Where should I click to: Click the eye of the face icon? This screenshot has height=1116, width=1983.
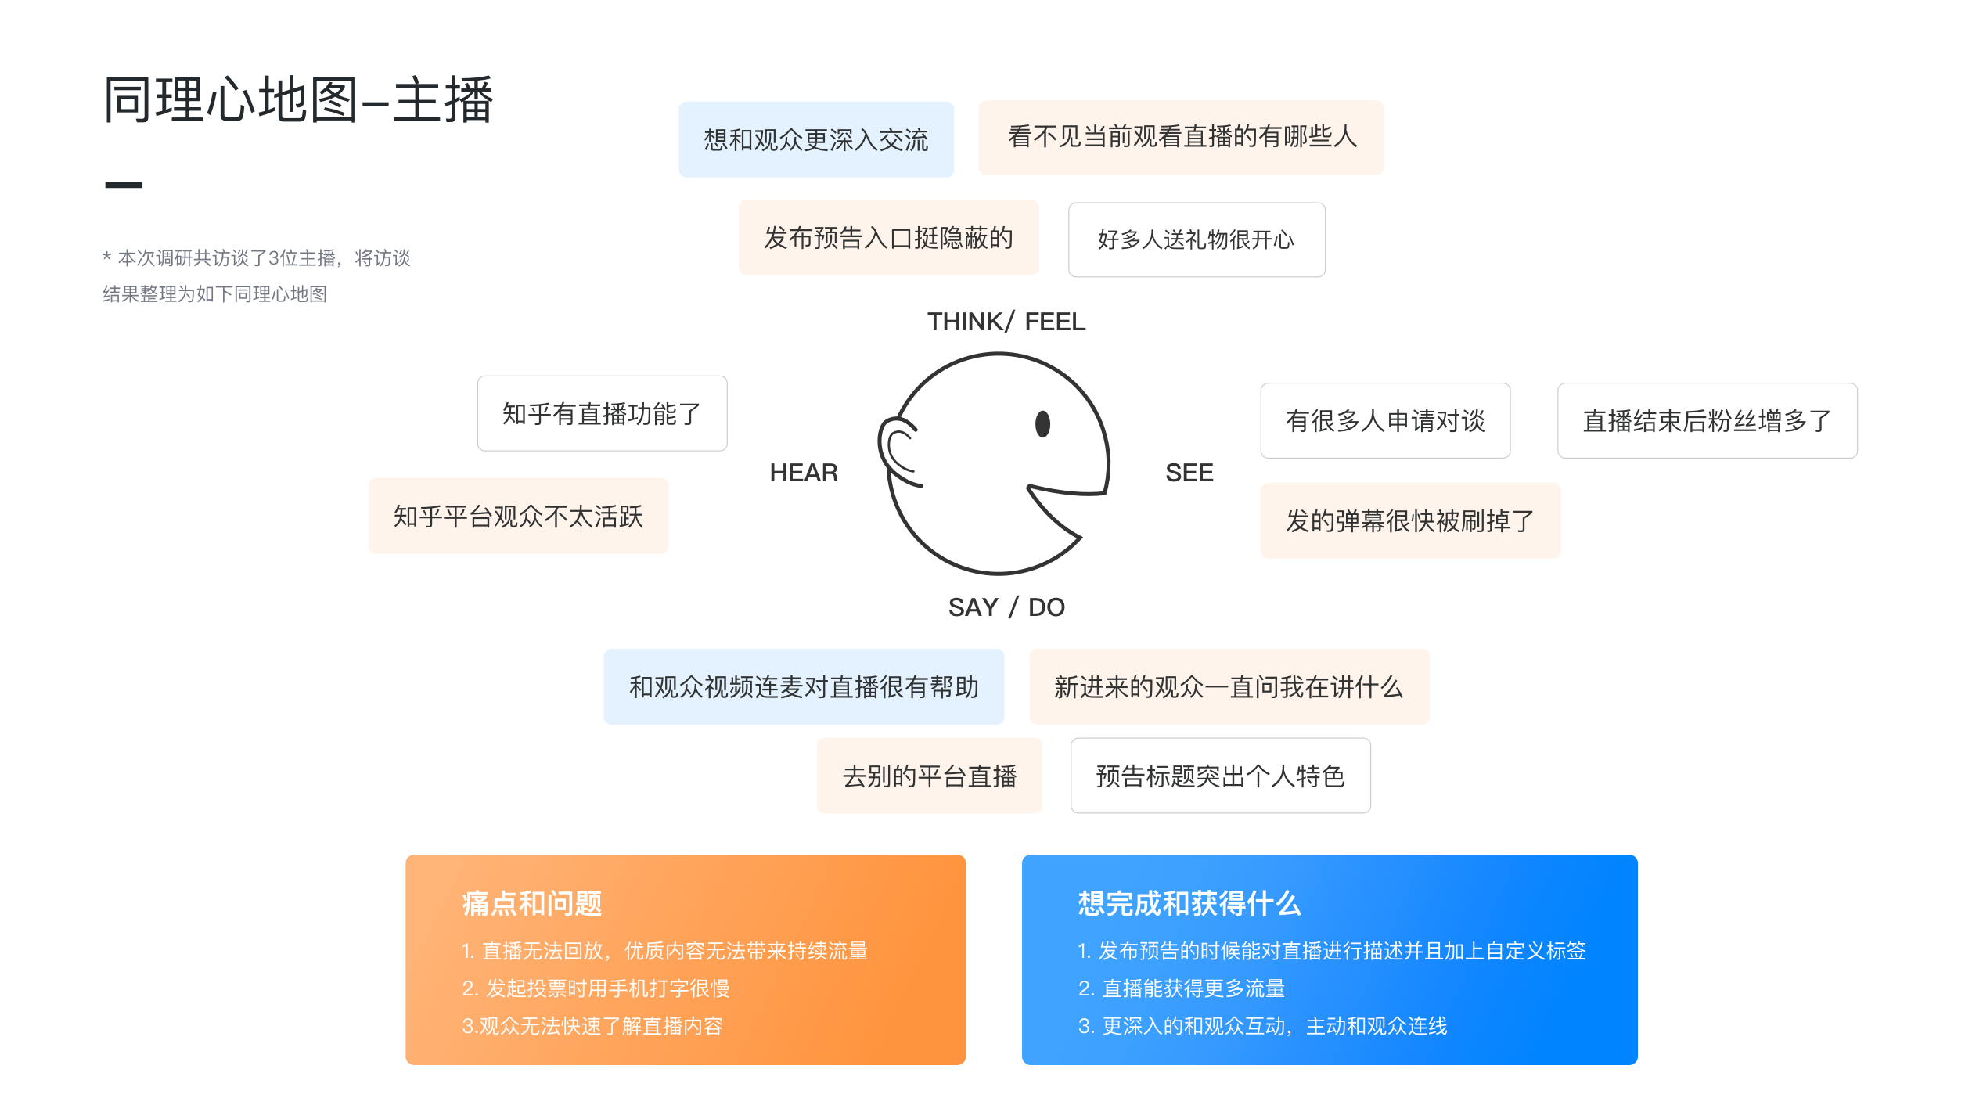1042,424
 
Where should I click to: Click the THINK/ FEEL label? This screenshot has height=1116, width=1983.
1006,322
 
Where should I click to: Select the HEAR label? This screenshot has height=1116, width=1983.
804,473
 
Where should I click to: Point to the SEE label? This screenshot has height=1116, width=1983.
1189,473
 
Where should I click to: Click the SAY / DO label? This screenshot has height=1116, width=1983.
1006,607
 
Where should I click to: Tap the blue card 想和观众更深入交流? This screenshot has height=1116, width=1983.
816,139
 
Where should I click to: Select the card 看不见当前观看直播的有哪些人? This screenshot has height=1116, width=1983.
1181,137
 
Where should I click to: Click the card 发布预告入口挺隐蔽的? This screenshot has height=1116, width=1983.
889,237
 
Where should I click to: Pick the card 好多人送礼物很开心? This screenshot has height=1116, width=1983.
1197,239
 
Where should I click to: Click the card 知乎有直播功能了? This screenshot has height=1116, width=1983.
602,413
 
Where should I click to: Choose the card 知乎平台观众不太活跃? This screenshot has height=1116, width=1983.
518,516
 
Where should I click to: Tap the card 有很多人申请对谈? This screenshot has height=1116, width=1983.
1385,420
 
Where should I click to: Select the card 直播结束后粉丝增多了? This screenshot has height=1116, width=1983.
1707,420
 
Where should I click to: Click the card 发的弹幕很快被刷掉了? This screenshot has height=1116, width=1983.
1410,520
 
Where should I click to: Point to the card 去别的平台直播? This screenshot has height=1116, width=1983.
930,776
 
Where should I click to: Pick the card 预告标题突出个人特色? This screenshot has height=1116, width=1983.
1220,776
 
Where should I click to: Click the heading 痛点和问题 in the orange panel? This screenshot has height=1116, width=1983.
532,903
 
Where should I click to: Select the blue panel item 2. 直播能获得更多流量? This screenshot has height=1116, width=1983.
1182,988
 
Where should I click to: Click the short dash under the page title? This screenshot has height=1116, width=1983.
124,185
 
